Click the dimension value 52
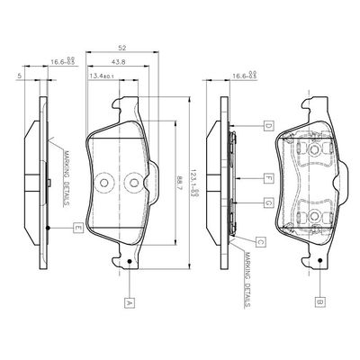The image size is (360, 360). [x=121, y=47]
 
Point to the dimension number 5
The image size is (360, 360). [x=19, y=77]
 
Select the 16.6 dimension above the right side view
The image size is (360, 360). [x=243, y=77]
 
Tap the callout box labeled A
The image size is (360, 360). [x=130, y=303]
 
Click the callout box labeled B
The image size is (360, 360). [x=320, y=303]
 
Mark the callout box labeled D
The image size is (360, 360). [x=267, y=125]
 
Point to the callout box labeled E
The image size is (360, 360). [x=78, y=228]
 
